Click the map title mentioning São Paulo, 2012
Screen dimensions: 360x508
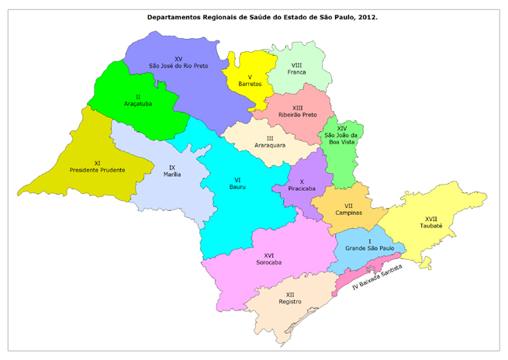pos(254,16)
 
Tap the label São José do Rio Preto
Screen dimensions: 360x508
pos(178,67)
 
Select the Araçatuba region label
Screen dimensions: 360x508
pos(132,102)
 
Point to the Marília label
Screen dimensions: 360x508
pos(171,174)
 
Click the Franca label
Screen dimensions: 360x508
pos(296,72)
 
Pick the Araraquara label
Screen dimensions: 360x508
pos(258,145)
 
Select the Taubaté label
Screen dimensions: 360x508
pos(431,226)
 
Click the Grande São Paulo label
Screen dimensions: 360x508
pos(370,248)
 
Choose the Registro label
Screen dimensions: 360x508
pos(289,303)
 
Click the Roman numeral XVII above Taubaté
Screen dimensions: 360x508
pos(431,218)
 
